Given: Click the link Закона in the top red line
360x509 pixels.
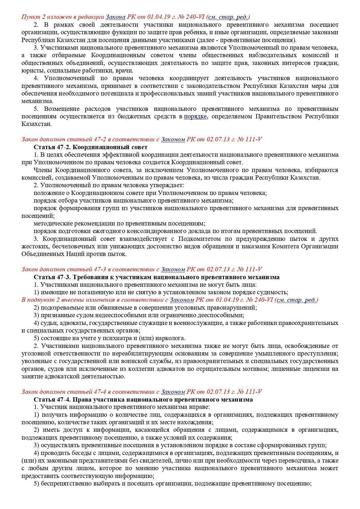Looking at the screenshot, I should coord(115,17).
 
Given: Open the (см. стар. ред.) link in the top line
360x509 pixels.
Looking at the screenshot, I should coord(228,17).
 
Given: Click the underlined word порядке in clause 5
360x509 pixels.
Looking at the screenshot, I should coord(195,116).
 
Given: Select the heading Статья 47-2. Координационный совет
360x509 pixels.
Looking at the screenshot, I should coord(91,147).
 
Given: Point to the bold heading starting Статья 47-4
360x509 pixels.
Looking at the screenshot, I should coord(143,399).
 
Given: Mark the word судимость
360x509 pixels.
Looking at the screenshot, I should coord(273,292).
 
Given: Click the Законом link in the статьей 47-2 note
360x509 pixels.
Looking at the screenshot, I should coord(173,139).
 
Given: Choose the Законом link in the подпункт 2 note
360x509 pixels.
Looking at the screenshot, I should coord(181,300).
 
